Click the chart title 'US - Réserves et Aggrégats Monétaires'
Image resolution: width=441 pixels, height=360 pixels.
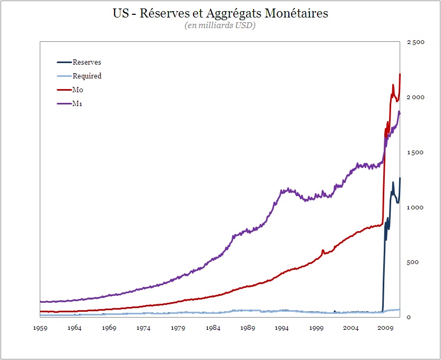220,13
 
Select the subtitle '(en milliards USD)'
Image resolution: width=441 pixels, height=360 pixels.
220,25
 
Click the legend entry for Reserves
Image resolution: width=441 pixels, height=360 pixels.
86,63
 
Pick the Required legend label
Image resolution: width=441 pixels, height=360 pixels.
87,76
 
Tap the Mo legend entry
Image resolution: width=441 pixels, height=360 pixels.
78,90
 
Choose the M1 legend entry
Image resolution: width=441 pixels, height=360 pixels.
78,104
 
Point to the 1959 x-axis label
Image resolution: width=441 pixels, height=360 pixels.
40,328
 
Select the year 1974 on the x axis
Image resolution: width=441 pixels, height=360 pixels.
144,328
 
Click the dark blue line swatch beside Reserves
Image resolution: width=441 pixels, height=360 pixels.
64,63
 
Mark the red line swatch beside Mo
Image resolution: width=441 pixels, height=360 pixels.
64,90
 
